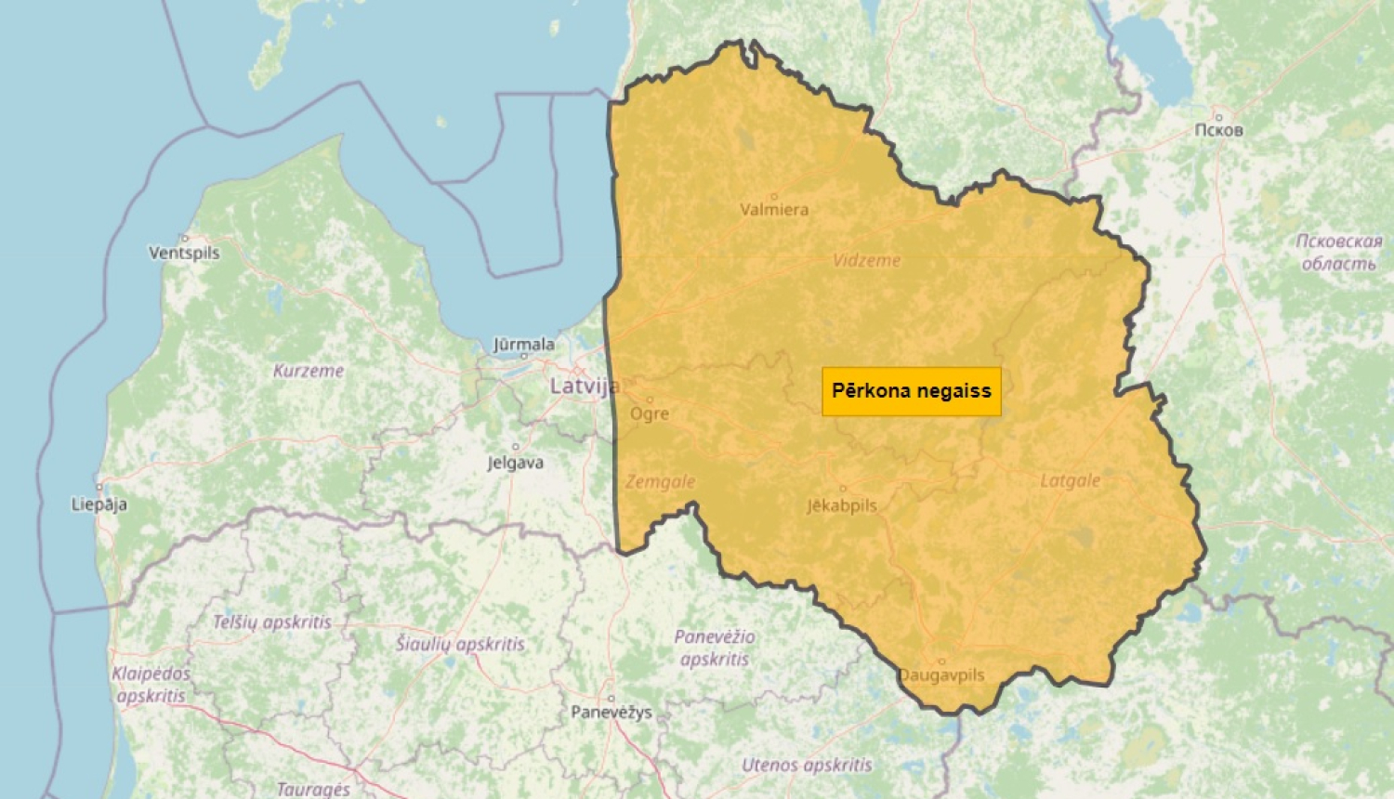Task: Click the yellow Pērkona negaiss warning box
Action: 912,391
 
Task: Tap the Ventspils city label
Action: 184,253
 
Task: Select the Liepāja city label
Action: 99,504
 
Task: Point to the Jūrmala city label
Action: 524,345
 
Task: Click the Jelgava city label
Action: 516,463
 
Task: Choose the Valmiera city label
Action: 774,210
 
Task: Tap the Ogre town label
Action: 650,413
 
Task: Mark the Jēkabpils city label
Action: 842,505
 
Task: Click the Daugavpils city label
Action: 941,675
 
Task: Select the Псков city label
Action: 1217,130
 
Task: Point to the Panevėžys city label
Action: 611,713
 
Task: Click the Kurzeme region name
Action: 309,371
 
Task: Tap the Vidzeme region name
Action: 866,261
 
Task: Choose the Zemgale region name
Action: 660,482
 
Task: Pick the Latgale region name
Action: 1070,480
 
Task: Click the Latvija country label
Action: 584,386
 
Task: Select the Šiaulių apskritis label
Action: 460,644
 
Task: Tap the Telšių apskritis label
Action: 271,622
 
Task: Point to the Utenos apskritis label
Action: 807,766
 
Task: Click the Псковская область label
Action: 1339,252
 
